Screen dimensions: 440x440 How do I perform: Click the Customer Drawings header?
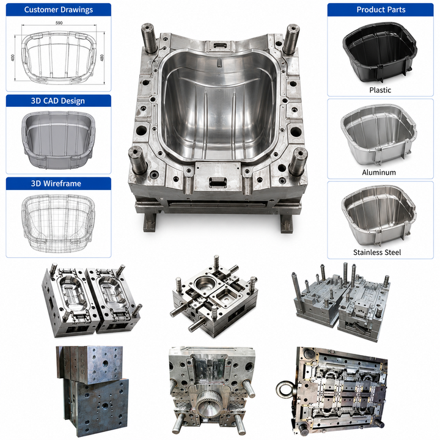click(x=59, y=10)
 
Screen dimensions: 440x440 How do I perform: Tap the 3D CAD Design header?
click(x=58, y=101)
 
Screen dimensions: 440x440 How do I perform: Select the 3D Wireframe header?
click(x=56, y=183)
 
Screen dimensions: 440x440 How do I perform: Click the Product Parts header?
click(x=381, y=10)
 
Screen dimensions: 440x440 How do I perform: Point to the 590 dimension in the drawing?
click(x=59, y=23)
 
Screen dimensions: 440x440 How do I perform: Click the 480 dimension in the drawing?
click(x=102, y=57)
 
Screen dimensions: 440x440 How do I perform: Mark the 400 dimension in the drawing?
click(x=13, y=58)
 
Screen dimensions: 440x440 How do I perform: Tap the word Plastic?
click(x=380, y=90)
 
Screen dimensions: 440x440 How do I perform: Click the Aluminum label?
click(x=379, y=172)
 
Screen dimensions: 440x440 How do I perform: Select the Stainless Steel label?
click(x=377, y=252)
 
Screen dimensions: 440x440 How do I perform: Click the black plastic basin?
click(x=380, y=53)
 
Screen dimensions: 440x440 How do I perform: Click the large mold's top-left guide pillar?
click(x=148, y=38)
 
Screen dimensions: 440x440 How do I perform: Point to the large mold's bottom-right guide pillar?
click(x=298, y=161)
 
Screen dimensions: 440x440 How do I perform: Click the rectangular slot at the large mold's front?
click(x=218, y=182)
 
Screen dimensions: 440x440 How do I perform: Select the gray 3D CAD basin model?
click(x=59, y=140)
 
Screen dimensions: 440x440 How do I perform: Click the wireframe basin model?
click(x=58, y=223)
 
